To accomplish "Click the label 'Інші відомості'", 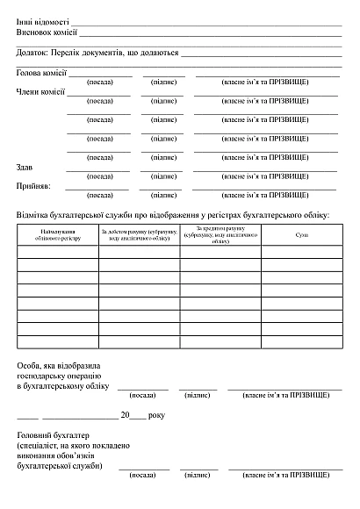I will pos(43,18).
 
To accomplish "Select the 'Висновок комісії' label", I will pos(47,32).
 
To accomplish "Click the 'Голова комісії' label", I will pos(41,73).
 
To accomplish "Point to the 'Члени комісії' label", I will pos(40,91).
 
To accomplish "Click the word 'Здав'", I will pos(25,167).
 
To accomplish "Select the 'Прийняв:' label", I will pos(33,186).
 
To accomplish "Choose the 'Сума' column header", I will pos(301,234).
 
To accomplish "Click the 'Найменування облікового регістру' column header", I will pos(58,234).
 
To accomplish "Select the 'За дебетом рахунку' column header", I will pos(139,234).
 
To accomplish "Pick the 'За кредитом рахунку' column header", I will pos(220,234).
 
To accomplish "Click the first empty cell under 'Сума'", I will pos(301,251).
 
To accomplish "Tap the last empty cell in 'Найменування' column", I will pos(58,342).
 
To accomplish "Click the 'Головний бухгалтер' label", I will pos(54,435).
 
